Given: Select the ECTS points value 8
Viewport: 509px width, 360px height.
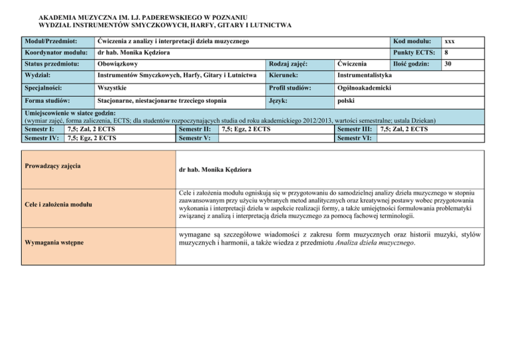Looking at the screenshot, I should [446, 53].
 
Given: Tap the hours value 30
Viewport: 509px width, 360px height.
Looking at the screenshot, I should [448, 64].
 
